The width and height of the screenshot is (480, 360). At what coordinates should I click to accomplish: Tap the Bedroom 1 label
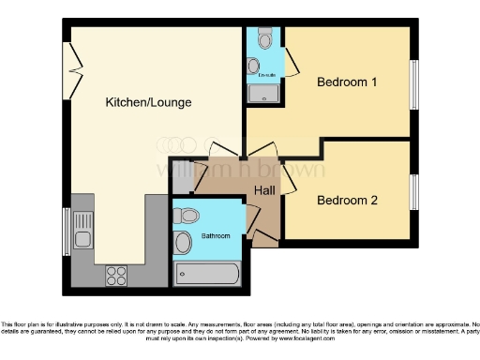point(347,82)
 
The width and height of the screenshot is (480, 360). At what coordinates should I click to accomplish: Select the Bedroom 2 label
point(347,200)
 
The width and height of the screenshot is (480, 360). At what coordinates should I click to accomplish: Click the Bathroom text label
point(216,235)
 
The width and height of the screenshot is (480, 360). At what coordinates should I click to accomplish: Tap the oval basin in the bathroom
point(184,243)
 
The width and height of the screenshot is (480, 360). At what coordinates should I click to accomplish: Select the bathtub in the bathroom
point(207,274)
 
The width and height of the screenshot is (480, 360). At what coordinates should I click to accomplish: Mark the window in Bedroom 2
point(412,192)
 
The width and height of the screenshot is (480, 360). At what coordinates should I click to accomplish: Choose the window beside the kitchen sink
point(65,230)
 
